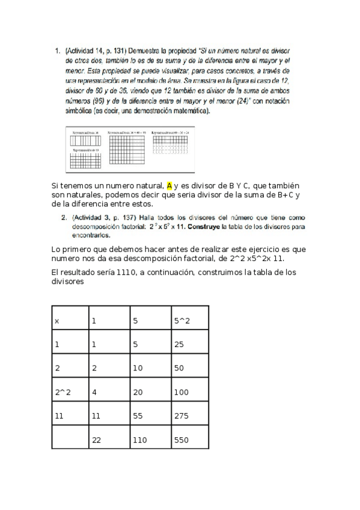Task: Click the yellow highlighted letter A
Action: pyautogui.click(x=169, y=185)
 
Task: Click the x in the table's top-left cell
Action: pyautogui.click(x=57, y=321)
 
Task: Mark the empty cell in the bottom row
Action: pyautogui.click(x=70, y=440)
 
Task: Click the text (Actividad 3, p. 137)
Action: pyautogui.click(x=102, y=217)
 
